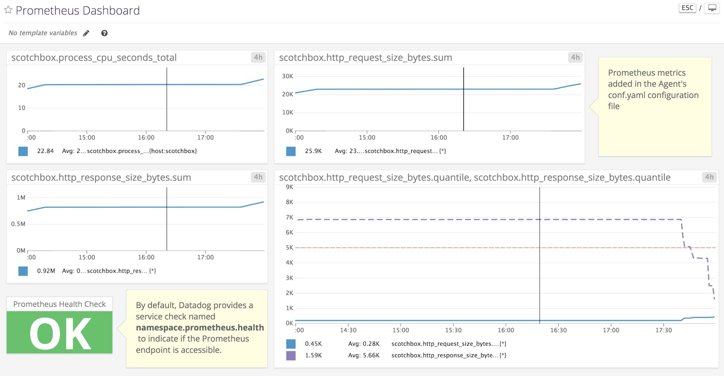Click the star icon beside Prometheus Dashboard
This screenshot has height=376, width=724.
click(x=8, y=10)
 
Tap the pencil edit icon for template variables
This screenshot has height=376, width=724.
click(x=86, y=33)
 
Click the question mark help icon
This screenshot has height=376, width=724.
click(x=104, y=33)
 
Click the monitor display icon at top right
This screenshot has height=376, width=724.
click(x=712, y=8)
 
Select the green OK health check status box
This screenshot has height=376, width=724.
click(x=59, y=332)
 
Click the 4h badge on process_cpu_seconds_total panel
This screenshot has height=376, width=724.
click(x=258, y=57)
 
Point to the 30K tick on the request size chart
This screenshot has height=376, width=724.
click(x=288, y=76)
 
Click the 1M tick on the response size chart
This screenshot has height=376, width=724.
click(x=21, y=197)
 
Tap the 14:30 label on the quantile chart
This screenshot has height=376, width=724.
click(x=348, y=330)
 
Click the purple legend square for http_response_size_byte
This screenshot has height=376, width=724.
click(x=291, y=355)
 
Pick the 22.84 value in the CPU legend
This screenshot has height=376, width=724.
click(x=45, y=151)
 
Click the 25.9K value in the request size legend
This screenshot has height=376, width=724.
click(x=313, y=151)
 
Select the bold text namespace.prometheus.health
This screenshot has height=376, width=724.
click(x=200, y=328)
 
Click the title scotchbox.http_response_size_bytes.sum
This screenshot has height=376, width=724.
click(x=101, y=177)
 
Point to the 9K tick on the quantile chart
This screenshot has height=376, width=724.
click(x=289, y=187)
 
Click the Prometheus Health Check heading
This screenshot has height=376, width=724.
click(x=59, y=304)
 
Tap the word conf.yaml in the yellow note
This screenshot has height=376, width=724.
click(x=626, y=95)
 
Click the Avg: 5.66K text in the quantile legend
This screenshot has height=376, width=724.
click(x=364, y=355)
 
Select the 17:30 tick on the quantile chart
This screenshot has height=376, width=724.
click(x=663, y=330)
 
